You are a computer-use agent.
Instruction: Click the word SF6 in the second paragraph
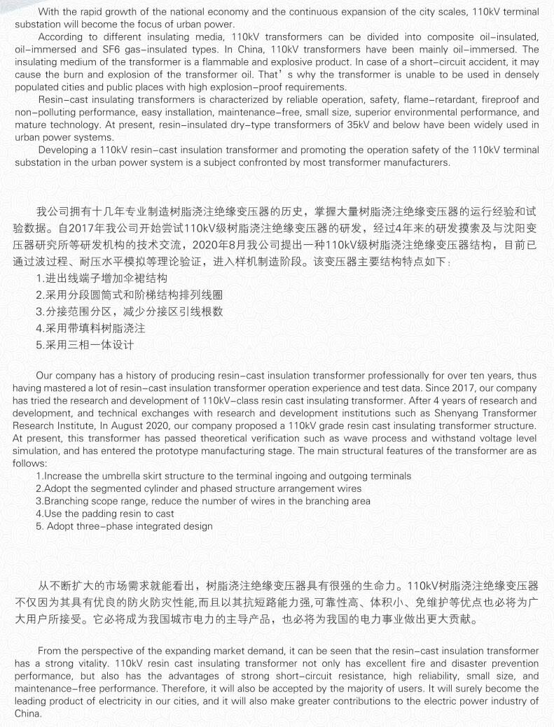[x=120, y=49]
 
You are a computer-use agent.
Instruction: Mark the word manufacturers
[x=415, y=162]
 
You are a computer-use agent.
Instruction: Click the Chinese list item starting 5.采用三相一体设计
[x=85, y=345]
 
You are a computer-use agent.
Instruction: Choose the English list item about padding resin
[x=105, y=514]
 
